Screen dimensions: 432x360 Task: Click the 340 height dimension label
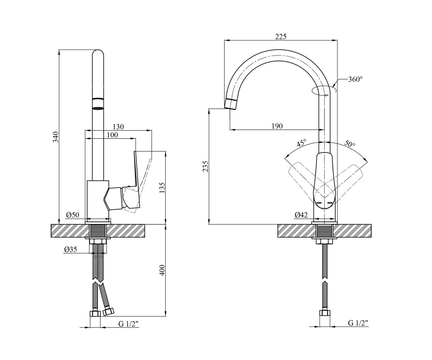coord(56,137)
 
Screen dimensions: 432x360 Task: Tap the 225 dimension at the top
coord(281,37)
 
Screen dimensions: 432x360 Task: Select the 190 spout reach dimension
coord(277,126)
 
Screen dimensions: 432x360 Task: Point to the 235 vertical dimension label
coord(206,166)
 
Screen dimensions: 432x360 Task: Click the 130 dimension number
coord(118,127)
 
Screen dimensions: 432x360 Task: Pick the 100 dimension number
coord(112,135)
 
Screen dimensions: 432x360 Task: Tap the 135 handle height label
coord(162,188)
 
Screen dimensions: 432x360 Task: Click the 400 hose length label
coord(162,270)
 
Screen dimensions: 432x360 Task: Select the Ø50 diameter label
coord(73,215)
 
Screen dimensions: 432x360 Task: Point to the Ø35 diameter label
coord(71,249)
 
